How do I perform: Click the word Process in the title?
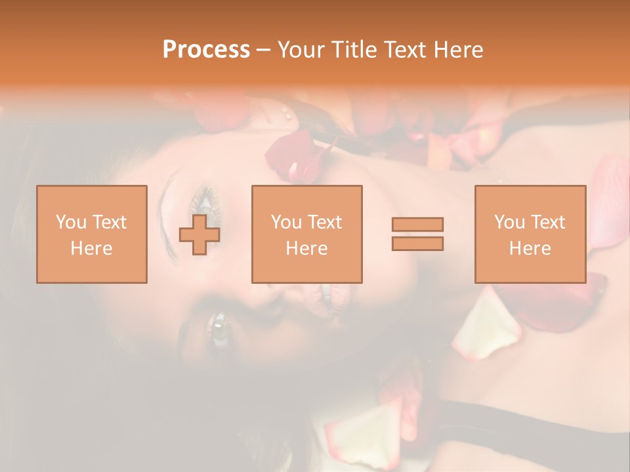coord(206,50)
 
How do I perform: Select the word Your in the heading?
coord(301,50)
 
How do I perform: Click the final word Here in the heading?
coord(459,50)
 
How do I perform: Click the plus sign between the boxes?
coord(199,234)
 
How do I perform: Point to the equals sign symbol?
coord(417,234)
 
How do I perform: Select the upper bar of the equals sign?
coord(417,224)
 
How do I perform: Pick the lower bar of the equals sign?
coord(417,243)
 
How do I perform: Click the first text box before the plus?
coord(91,234)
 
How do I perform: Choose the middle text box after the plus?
coord(306,234)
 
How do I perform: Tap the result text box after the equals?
coord(530,234)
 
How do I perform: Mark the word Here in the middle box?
coord(306,248)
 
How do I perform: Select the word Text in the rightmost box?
coord(548,222)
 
